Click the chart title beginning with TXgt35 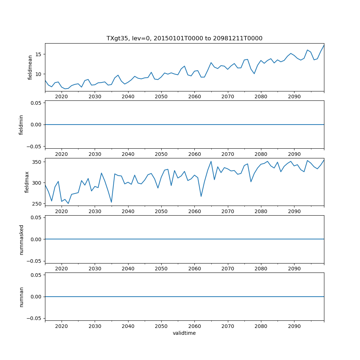tap(184, 38)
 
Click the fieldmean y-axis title tap(30, 67)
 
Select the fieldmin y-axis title tap(21, 125)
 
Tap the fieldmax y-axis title tap(27, 182)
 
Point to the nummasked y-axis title tap(21, 239)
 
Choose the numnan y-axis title tap(21, 297)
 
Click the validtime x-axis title tap(184, 333)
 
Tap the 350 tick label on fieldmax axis tap(36, 162)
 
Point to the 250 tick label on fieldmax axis tap(36, 204)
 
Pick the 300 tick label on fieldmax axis tap(36, 183)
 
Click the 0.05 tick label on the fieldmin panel tap(35, 103)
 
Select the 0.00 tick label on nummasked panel tap(35, 239)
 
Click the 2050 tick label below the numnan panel tap(161, 327)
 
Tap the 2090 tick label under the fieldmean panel tap(294, 97)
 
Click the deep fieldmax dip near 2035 tap(112, 202)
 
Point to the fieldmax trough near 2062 tap(201, 196)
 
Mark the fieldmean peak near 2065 tap(211, 63)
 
